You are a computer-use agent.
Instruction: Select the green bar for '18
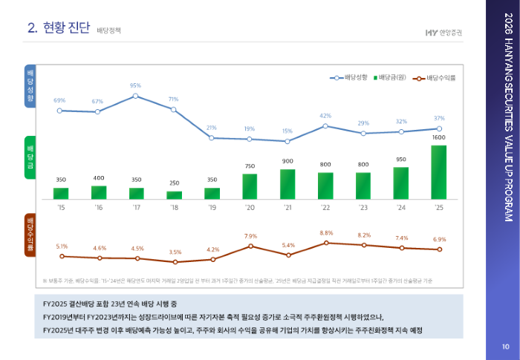click(175, 195)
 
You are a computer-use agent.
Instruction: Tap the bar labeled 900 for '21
click(287, 184)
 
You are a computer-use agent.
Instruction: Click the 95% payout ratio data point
click(136, 96)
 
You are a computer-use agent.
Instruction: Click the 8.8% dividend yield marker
click(326, 243)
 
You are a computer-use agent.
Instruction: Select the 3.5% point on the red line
click(175, 262)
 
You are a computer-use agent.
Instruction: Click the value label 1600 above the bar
click(438, 138)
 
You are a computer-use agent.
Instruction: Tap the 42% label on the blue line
click(325, 116)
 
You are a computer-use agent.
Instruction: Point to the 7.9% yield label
click(250, 236)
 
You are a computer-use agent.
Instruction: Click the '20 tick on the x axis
click(250, 208)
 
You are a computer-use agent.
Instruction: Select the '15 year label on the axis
click(61, 208)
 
